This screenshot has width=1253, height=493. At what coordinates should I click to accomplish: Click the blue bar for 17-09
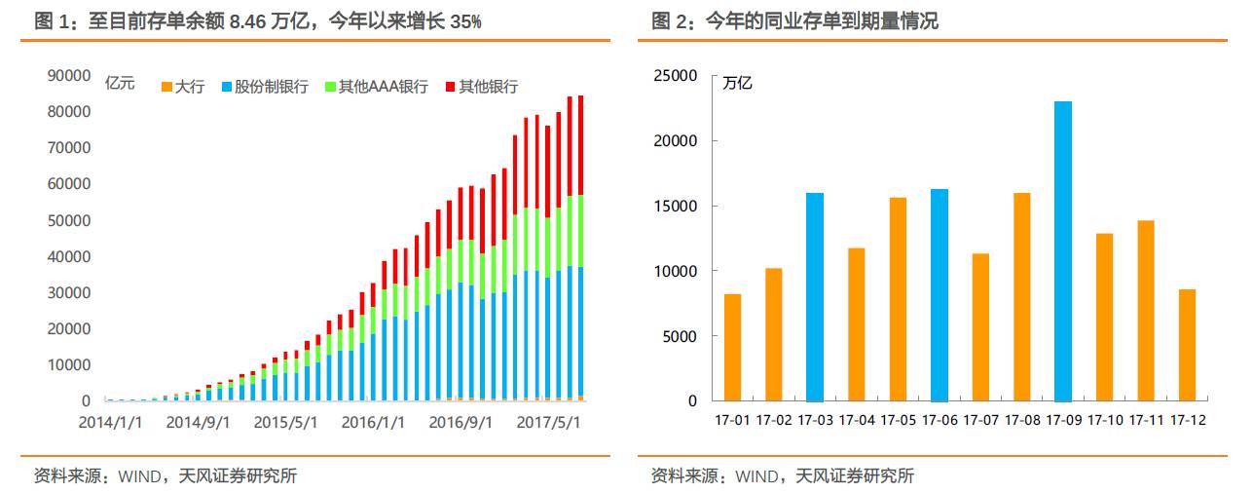coord(1063,251)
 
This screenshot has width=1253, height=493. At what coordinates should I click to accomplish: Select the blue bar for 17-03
coord(815,297)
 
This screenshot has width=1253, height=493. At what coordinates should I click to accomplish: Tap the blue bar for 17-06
coord(940,295)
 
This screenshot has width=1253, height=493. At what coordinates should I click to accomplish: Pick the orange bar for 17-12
coord(1187,345)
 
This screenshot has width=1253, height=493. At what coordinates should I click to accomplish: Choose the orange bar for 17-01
coord(733,348)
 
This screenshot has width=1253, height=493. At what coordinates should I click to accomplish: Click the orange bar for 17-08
coord(1022,297)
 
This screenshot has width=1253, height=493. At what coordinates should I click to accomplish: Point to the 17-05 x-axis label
coord(899,420)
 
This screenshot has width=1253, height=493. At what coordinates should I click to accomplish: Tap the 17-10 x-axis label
coord(1105,420)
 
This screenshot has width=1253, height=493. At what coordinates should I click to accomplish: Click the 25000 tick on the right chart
coord(675,76)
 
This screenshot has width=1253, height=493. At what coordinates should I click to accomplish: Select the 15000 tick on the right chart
coord(675,206)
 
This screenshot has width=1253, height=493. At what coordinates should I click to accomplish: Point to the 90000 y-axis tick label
coord(69,76)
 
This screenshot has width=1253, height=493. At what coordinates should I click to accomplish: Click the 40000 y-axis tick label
coord(69,257)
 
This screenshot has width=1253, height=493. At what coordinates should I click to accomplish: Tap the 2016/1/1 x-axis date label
coord(373,422)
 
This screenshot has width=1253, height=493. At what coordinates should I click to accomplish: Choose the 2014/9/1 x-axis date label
coord(198,422)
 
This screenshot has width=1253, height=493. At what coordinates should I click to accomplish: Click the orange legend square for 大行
coord(166,87)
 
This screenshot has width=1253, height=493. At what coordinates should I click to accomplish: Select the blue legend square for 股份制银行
coord(227,87)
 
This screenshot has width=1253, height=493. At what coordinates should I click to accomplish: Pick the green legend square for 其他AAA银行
coord(330,87)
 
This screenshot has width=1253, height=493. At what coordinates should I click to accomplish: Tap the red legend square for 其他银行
coord(451,87)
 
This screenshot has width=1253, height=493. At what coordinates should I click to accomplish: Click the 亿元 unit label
coord(120,84)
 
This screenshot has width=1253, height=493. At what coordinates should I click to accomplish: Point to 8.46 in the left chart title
coord(248,21)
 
